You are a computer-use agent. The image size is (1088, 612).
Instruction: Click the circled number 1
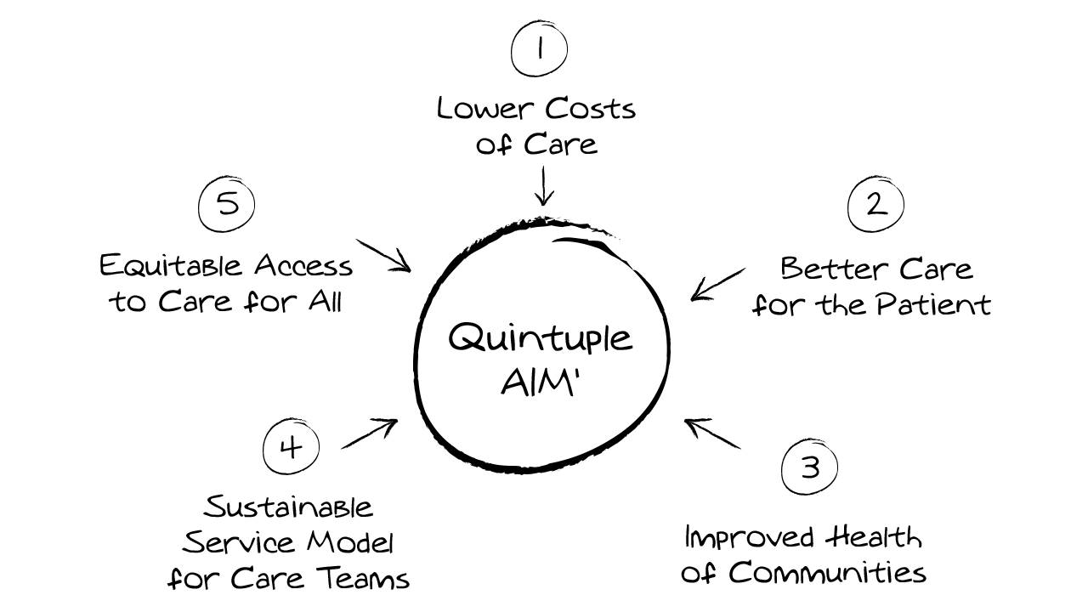[539, 49]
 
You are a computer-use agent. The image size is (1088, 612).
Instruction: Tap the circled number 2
[875, 205]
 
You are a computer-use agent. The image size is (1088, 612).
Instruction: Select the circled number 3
[809, 467]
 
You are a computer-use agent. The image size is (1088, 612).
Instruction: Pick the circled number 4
[291, 447]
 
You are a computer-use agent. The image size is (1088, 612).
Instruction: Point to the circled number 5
[226, 205]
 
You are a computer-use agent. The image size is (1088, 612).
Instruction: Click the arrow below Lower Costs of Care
[542, 185]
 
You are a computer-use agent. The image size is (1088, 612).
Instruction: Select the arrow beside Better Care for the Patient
[718, 283]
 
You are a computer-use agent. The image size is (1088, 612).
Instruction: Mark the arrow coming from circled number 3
[712, 433]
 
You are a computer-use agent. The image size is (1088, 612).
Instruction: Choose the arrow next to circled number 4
[370, 433]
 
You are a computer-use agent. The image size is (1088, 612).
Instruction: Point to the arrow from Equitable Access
[383, 256]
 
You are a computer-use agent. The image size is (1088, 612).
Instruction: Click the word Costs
[590, 109]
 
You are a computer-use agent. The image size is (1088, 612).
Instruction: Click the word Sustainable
[289, 507]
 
